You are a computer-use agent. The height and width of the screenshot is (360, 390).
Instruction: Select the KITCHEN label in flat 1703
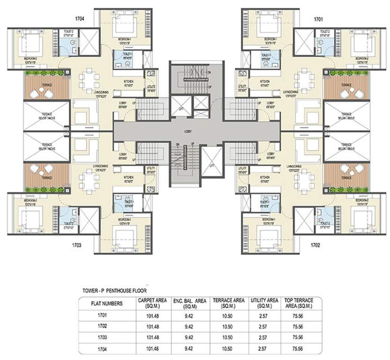click(129, 178)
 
